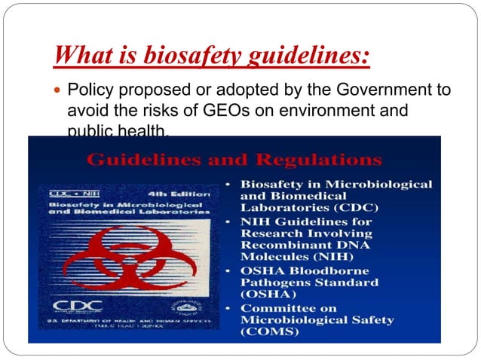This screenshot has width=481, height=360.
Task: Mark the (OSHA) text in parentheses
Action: click(x=269, y=296)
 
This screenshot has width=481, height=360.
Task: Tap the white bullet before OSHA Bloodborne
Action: click(x=228, y=272)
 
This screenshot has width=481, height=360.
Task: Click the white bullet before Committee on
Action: click(x=228, y=309)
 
